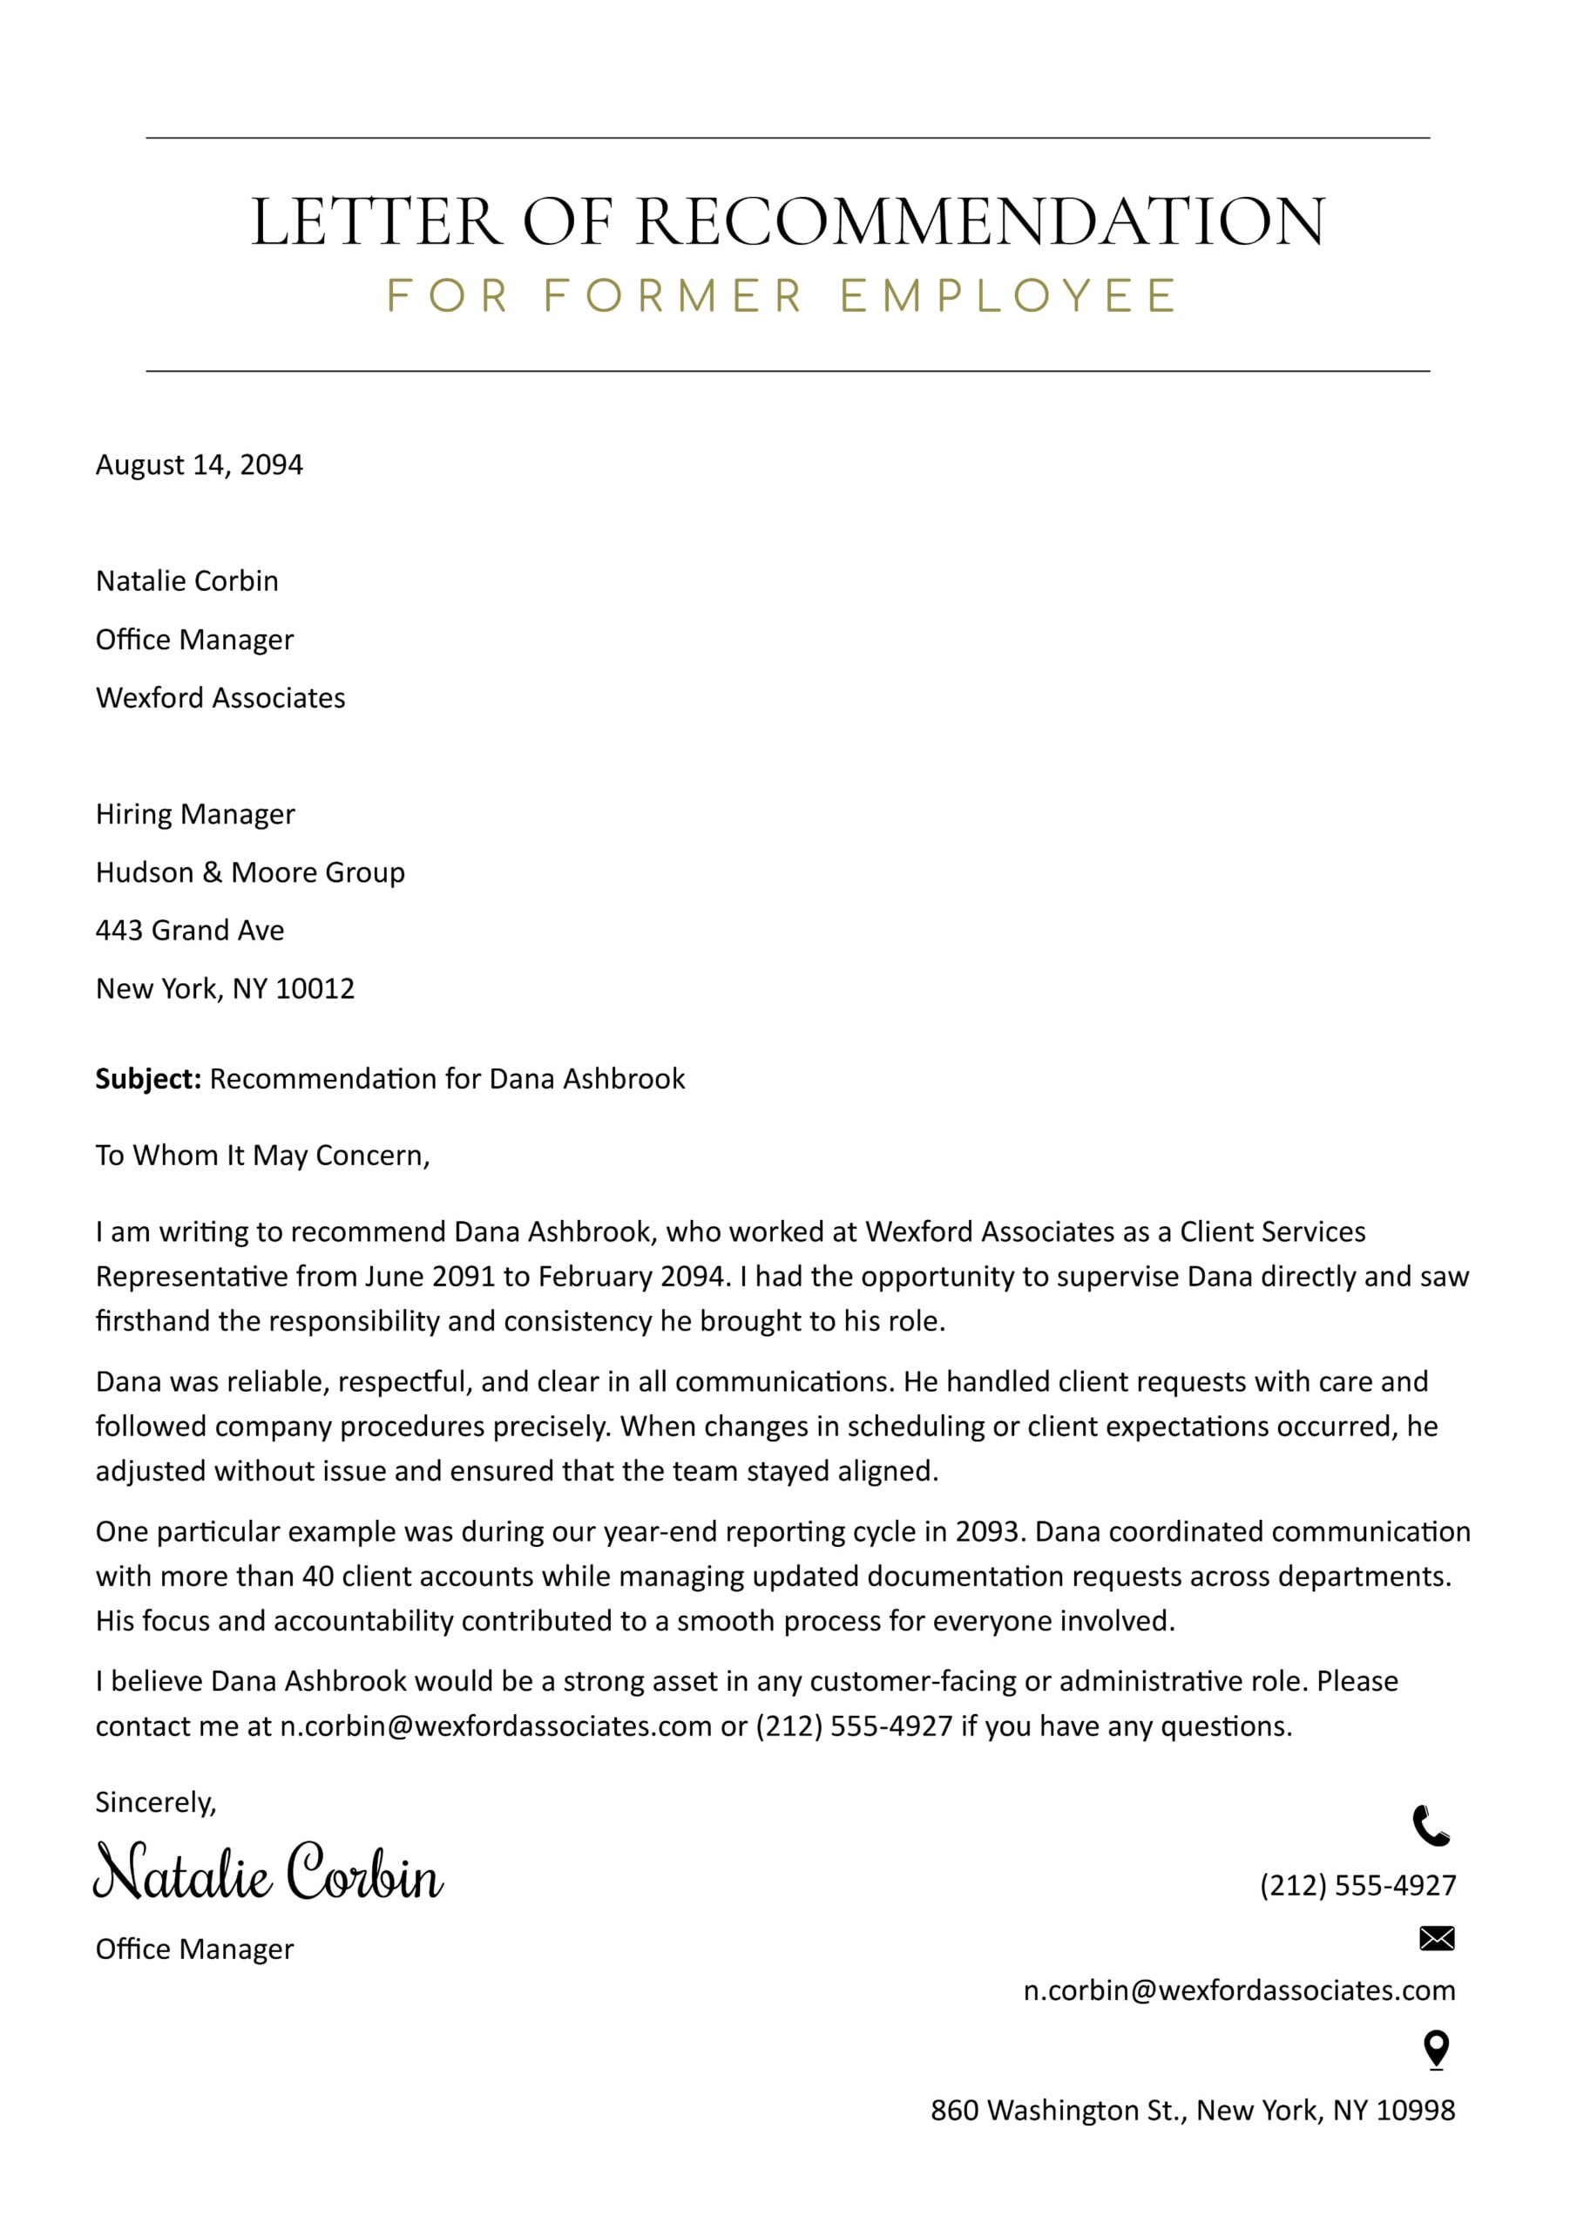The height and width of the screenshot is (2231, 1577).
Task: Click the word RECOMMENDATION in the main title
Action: click(979, 221)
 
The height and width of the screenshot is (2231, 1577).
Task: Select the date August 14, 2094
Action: click(200, 465)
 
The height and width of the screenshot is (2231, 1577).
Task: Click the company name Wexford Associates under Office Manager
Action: click(220, 698)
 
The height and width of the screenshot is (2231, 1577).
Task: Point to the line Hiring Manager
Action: click(195, 814)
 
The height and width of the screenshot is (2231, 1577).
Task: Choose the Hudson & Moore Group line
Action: click(250, 872)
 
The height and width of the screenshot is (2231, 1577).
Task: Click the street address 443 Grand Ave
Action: click(189, 931)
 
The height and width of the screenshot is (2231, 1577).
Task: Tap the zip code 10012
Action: click(315, 989)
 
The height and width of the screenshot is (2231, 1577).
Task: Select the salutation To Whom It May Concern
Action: click(262, 1156)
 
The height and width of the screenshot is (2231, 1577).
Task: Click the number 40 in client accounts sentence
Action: click(318, 1577)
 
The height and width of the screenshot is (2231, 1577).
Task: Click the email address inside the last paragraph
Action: click(496, 1726)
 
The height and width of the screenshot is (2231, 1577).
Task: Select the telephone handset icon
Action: click(1431, 1826)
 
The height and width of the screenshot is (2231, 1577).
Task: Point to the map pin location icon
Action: click(1436, 2051)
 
